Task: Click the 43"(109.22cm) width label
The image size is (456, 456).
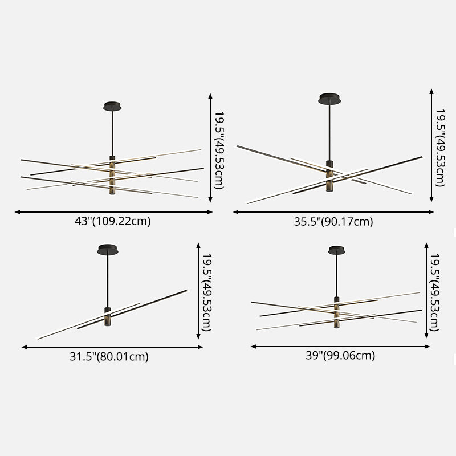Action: click(113, 221)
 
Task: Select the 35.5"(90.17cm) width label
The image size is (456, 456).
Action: click(333, 222)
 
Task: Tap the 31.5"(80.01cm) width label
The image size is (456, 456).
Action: click(109, 357)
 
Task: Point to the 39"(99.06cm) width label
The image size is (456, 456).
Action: click(340, 356)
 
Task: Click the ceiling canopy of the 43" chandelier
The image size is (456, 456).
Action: click(113, 106)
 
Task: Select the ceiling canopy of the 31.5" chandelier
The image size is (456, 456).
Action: click(108, 249)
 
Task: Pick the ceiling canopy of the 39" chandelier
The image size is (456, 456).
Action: click(337, 250)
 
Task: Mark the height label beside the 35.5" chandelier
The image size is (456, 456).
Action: click(440, 148)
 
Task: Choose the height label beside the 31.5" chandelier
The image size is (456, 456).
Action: click(207, 293)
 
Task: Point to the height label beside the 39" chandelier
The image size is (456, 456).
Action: click(435, 292)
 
